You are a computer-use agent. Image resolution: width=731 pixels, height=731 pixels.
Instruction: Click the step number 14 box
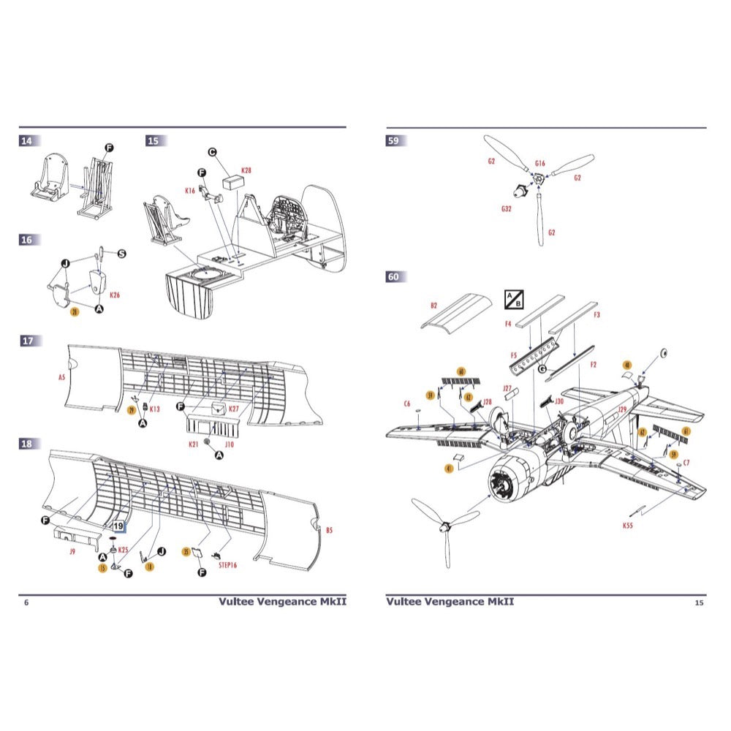[x=30, y=141]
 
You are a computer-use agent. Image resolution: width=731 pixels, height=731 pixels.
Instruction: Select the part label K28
[x=246, y=170]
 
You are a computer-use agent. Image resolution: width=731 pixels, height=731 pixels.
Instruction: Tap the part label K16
[x=190, y=191]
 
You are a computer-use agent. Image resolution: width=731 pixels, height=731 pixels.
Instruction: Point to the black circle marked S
[x=122, y=253]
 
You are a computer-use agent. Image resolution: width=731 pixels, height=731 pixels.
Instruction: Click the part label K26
[x=115, y=295]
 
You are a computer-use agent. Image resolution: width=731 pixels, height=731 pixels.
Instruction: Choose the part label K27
[x=234, y=409]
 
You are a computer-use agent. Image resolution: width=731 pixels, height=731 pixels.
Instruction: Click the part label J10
[x=229, y=444]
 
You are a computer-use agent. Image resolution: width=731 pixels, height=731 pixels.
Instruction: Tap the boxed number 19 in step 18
[x=119, y=523]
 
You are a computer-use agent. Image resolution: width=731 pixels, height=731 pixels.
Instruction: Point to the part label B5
[x=329, y=530]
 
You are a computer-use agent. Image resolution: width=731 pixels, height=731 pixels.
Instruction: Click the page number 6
[x=26, y=602]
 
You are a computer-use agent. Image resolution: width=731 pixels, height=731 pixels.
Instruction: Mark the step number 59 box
[x=395, y=141]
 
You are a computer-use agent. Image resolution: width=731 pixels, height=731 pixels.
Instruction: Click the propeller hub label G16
[x=540, y=163]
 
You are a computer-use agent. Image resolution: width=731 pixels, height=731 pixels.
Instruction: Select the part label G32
[x=507, y=208]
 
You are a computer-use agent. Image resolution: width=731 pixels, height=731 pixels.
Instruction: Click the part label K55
[x=628, y=525]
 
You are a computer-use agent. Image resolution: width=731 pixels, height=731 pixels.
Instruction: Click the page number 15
[x=699, y=602]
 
